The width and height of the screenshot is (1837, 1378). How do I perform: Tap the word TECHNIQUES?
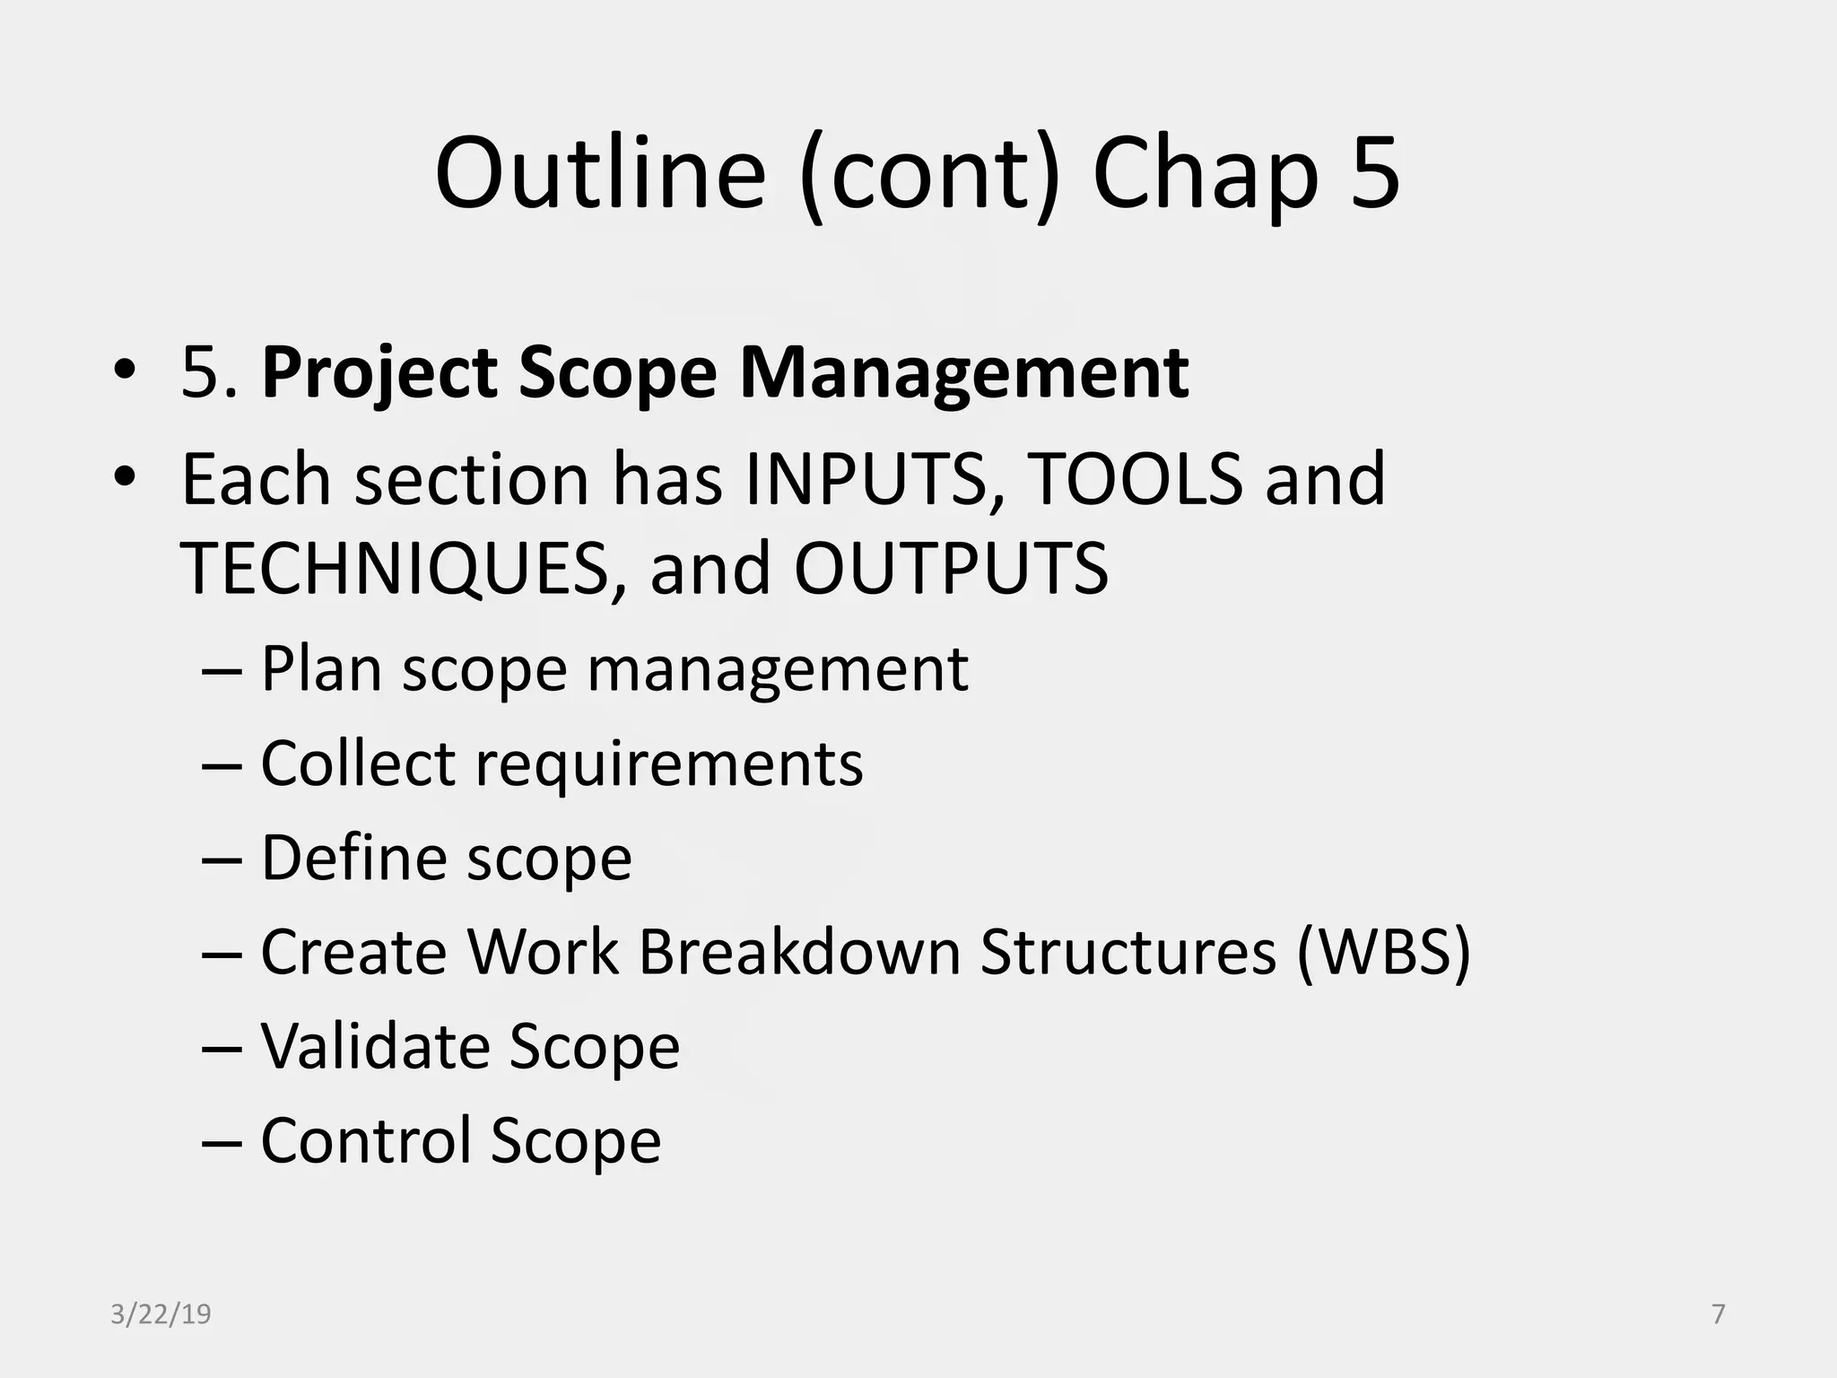point(395,569)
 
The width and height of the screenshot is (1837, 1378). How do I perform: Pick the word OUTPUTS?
point(951,569)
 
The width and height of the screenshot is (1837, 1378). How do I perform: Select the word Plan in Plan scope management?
point(321,669)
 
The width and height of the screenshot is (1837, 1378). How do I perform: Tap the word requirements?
point(668,764)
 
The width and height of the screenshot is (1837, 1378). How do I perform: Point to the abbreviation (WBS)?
point(1382,952)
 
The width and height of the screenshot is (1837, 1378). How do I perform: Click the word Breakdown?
point(799,952)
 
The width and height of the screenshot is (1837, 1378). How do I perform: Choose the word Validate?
point(374,1046)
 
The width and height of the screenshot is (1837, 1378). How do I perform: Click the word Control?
point(365,1140)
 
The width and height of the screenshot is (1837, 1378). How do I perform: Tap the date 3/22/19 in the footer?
point(161,1314)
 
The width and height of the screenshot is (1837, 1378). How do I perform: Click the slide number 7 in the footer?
point(1719,1314)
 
